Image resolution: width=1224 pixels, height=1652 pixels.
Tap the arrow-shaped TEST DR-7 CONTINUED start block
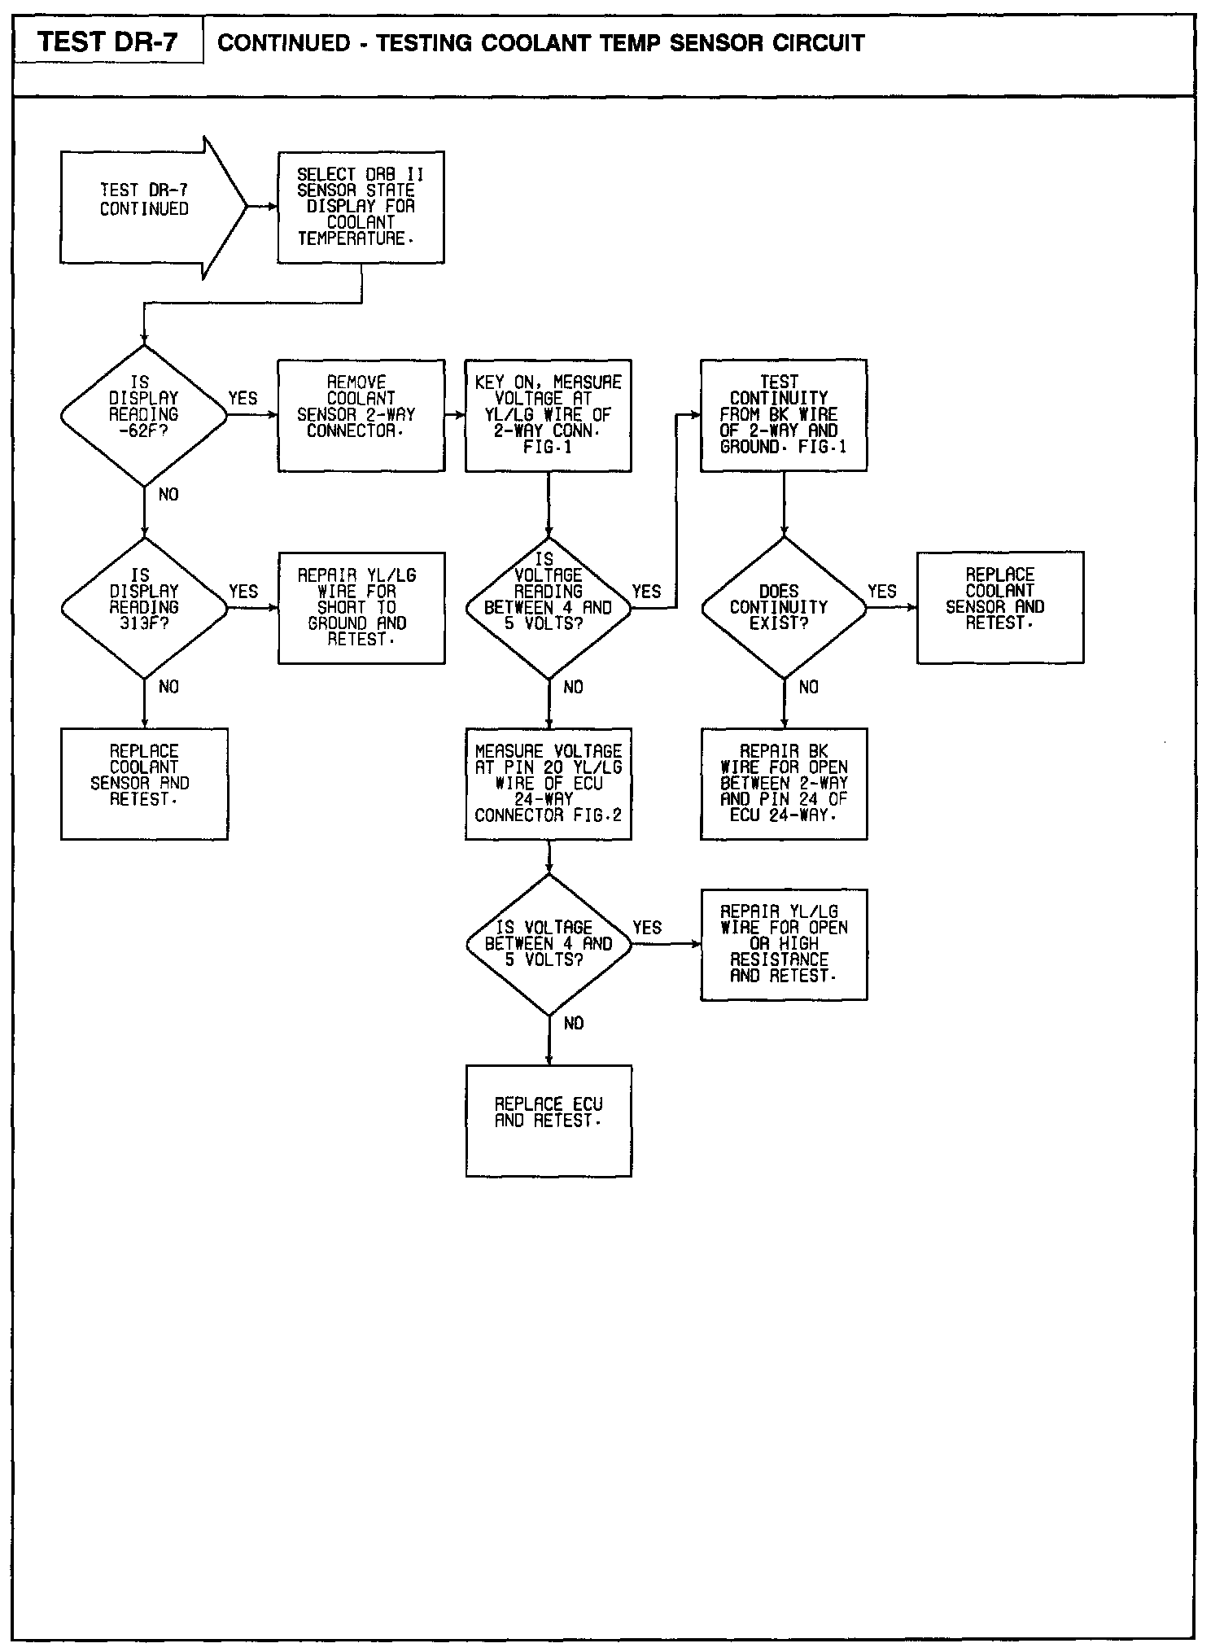pos(145,208)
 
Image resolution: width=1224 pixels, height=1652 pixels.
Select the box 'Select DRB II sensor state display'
pos(361,207)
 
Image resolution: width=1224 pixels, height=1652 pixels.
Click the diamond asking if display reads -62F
pos(144,415)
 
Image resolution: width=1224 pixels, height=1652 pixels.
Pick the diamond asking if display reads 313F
pos(144,607)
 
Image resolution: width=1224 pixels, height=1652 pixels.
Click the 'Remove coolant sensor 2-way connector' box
pos(361,415)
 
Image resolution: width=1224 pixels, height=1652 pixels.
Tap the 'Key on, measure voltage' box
pos(548,415)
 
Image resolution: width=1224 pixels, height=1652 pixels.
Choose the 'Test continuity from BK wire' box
pos(783,415)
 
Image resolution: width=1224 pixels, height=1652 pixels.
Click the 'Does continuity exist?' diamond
pos(783,607)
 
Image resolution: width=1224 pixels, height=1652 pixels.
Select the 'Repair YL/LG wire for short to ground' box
pos(361,607)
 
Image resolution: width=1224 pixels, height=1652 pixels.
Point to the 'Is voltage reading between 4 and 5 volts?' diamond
pos(548,607)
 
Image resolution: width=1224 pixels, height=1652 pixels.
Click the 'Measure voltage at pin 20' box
pos(548,783)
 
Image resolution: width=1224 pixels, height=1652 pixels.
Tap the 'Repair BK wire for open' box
pos(783,783)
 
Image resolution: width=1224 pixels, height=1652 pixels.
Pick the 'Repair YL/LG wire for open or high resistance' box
pos(783,944)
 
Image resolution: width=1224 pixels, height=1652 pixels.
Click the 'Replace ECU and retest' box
pos(548,1120)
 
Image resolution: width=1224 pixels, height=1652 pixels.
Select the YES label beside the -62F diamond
pos(243,399)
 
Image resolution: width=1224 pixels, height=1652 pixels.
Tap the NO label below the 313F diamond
pos(168,688)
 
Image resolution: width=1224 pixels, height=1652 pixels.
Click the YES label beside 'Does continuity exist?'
pos(881,592)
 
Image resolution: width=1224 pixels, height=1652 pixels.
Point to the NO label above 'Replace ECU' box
pos(573,1024)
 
